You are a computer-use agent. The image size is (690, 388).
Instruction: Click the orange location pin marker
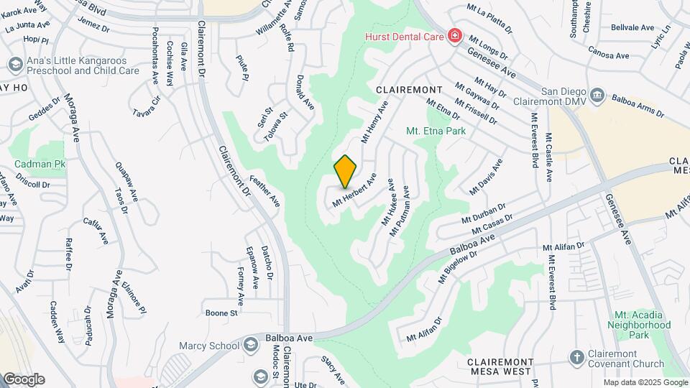click(346, 171)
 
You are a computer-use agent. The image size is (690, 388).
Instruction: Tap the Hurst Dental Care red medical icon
click(454, 35)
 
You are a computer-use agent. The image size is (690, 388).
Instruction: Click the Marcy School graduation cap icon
click(249, 346)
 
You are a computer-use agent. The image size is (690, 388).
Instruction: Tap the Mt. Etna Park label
click(436, 131)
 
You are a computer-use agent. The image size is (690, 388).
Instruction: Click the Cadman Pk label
click(40, 165)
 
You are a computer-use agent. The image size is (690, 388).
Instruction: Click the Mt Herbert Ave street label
click(354, 190)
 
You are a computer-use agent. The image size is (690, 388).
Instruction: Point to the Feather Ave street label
click(264, 191)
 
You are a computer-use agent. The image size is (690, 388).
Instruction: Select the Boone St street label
click(221, 313)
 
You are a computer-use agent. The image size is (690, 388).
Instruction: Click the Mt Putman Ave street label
click(400, 211)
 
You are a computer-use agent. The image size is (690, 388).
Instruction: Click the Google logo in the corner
click(24, 379)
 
